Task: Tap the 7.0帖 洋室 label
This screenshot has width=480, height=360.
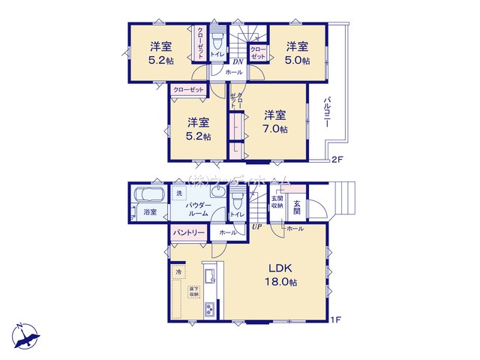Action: [274, 121]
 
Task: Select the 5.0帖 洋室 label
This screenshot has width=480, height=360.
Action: [296, 52]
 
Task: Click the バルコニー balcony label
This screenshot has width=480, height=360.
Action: [328, 112]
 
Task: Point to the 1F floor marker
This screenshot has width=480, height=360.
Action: [337, 320]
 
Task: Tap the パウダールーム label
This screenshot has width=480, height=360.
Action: [199, 208]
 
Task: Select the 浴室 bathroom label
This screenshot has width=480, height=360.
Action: [150, 212]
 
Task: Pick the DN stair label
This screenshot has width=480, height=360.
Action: [235, 61]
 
